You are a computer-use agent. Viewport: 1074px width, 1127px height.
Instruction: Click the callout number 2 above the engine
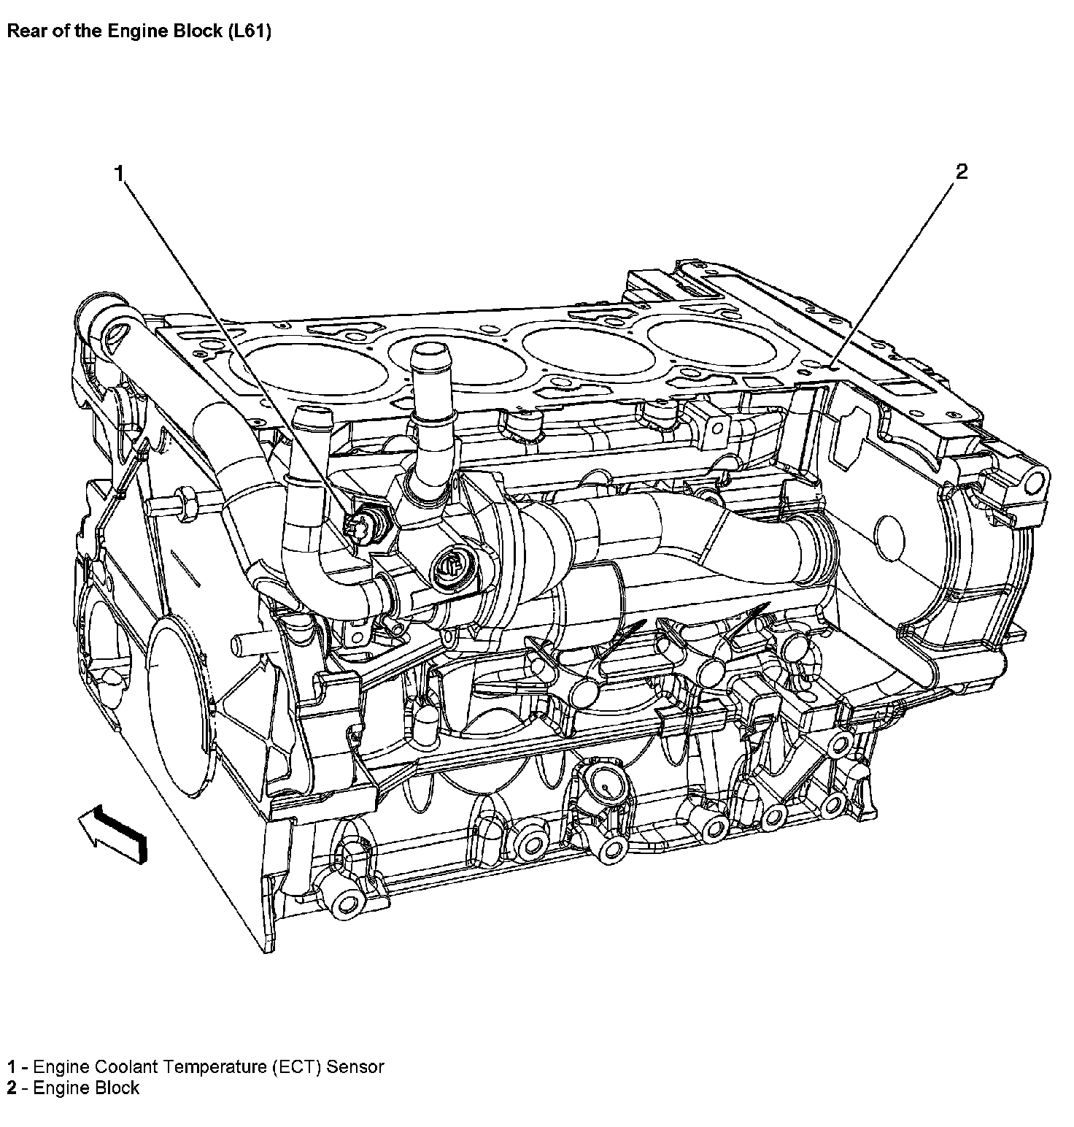(x=962, y=172)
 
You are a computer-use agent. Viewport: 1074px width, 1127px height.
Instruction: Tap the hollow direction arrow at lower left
(x=114, y=834)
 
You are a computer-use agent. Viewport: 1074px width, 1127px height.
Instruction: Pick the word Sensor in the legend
(x=355, y=1066)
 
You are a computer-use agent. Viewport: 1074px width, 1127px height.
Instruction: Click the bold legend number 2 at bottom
(x=11, y=1088)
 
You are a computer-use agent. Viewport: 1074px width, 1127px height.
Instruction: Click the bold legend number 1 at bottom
(x=11, y=1066)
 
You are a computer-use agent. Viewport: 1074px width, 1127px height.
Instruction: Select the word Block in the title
(x=191, y=32)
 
